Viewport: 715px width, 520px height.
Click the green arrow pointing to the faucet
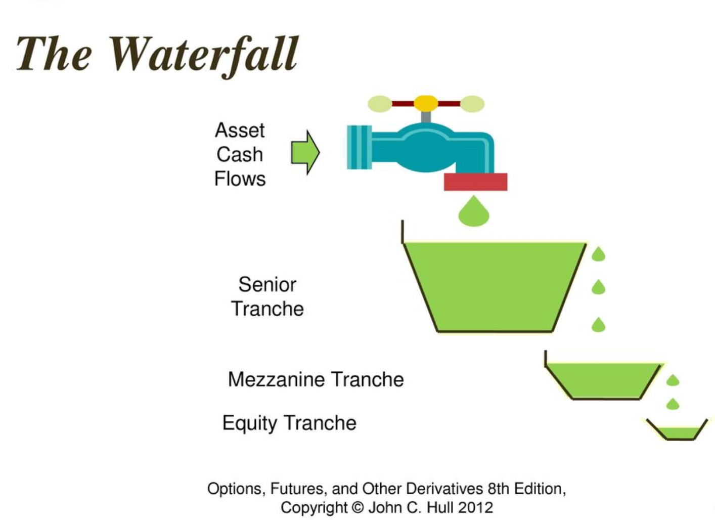point(305,153)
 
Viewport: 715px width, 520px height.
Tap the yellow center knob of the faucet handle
point(426,103)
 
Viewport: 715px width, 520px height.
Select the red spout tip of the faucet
point(476,182)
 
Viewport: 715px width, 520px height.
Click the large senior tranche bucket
point(495,285)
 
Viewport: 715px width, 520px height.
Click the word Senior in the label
point(267,284)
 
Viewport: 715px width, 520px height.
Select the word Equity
point(250,423)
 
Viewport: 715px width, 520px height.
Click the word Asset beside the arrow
point(240,130)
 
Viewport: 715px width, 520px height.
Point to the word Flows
point(240,179)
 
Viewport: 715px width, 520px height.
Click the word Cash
point(240,154)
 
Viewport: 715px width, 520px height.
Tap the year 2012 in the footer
point(476,507)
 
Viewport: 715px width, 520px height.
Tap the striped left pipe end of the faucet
point(359,147)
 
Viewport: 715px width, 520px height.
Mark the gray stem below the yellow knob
point(426,117)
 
